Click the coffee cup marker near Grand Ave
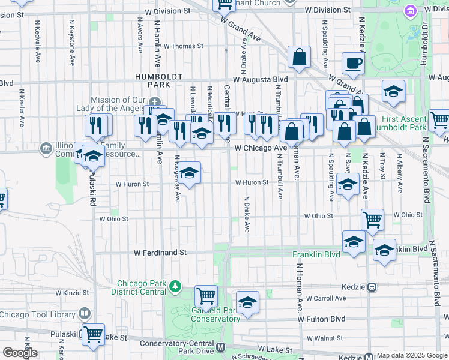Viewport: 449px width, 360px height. click(354, 62)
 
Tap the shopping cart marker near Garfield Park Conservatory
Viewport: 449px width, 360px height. click(206, 295)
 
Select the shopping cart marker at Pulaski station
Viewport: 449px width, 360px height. click(93, 334)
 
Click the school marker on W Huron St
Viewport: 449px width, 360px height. click(189, 173)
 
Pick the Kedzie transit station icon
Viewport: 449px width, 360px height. click(372, 287)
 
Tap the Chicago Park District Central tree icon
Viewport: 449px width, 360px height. click(175, 285)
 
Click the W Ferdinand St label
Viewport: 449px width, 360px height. click(160, 253)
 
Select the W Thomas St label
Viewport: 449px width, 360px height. click(184, 46)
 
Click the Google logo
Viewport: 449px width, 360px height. click(20, 353)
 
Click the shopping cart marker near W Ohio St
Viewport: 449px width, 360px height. click(372, 220)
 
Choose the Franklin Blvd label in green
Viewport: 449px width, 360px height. click(316, 254)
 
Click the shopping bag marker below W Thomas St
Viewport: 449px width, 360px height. click(298, 58)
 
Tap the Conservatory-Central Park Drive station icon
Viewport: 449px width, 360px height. click(220, 347)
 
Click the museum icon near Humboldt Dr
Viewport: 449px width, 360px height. click(411, 11)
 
